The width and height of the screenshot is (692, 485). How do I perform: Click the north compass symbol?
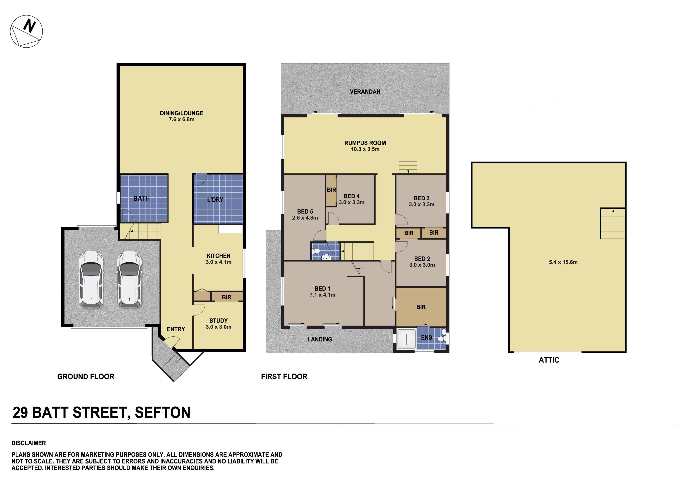click(x=26, y=31)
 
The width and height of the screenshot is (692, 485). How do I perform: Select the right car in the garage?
click(x=129, y=280)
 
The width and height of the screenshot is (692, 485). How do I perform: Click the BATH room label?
click(x=141, y=198)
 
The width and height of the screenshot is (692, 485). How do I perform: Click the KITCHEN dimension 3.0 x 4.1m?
click(x=219, y=262)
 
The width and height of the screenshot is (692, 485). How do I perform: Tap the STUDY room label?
click(x=219, y=321)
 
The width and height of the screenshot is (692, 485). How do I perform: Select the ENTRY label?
click(x=176, y=329)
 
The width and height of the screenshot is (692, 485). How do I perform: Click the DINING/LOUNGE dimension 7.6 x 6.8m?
click(x=181, y=119)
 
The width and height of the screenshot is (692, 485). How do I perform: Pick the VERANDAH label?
click(x=365, y=92)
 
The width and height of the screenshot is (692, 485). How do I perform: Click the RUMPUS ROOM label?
click(x=365, y=143)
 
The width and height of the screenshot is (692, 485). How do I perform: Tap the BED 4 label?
click(x=351, y=196)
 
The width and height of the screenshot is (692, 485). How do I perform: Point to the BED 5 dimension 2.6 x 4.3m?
click(x=305, y=218)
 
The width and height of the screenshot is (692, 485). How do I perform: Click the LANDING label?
click(x=320, y=339)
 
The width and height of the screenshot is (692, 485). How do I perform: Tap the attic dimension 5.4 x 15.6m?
click(x=563, y=262)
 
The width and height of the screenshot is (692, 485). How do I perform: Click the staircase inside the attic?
click(x=612, y=224)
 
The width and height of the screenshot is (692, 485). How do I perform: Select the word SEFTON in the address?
click(x=162, y=412)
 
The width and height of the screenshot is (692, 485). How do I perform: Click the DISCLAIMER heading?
click(x=29, y=443)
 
